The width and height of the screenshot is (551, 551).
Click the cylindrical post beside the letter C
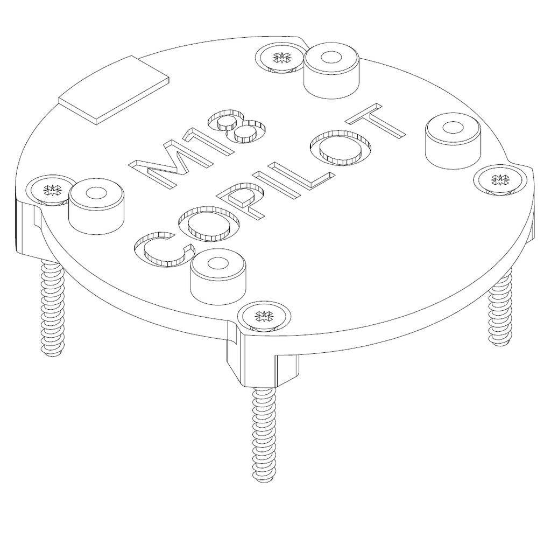(218, 276)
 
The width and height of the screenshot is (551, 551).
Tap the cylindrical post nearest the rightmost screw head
(452, 140)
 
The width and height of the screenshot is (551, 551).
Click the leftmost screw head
(52, 189)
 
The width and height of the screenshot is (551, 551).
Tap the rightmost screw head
(500, 179)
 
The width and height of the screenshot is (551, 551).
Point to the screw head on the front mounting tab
(264, 315)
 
